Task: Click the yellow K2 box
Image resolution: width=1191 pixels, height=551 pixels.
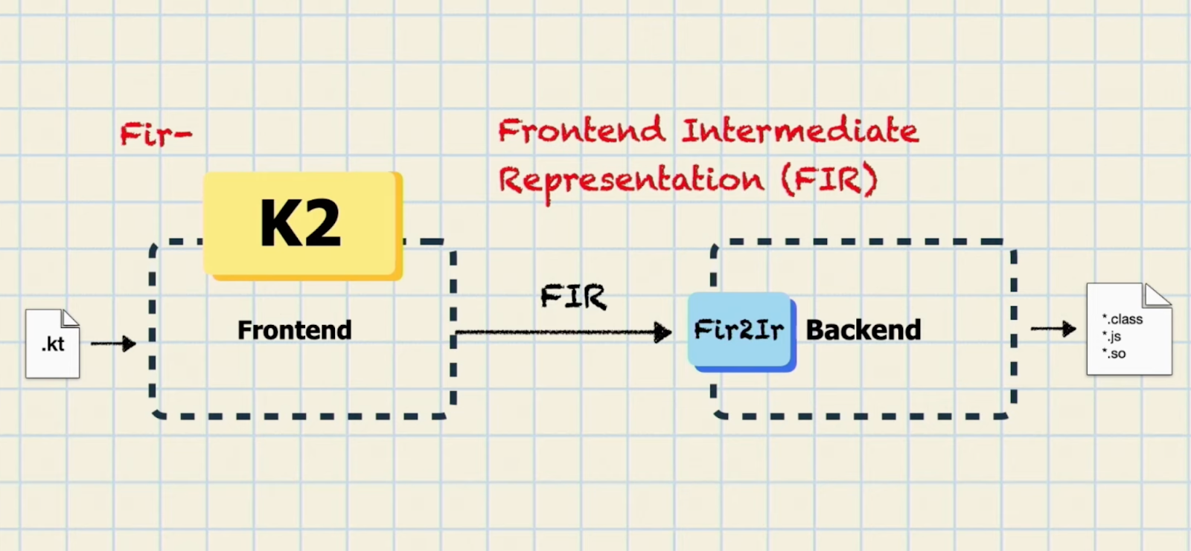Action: point(303,226)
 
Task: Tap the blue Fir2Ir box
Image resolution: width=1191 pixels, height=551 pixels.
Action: point(741,332)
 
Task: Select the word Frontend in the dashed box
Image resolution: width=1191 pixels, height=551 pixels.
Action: point(295,330)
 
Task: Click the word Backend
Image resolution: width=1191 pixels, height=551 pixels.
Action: point(863,330)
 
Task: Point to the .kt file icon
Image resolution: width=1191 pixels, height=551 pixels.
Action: point(53,344)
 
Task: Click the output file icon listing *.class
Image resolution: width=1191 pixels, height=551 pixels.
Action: point(1129,329)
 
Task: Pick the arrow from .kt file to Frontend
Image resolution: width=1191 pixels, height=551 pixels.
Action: point(113,344)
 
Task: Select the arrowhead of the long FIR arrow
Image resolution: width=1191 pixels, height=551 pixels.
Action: point(662,332)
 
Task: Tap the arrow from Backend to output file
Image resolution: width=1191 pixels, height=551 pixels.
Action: point(1053,329)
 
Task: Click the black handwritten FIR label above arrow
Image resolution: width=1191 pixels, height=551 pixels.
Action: point(573,297)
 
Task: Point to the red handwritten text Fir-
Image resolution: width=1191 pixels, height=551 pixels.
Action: point(156,134)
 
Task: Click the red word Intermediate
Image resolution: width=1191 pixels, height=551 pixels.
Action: point(800,131)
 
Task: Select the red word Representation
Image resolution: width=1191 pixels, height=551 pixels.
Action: point(632,181)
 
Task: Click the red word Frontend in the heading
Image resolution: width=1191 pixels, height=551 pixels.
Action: point(581,131)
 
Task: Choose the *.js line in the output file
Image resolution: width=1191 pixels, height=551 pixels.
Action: point(1112,336)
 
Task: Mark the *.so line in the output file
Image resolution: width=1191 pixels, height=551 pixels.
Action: point(1114,353)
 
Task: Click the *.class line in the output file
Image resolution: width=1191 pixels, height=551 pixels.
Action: point(1123,319)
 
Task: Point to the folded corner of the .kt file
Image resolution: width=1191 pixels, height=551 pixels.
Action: point(71,318)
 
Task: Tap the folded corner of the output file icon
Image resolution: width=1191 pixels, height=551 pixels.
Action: point(1158,295)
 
